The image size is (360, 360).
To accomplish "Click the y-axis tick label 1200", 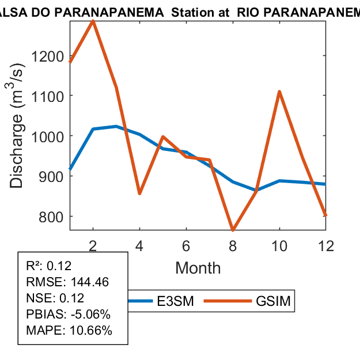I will coord(50,56).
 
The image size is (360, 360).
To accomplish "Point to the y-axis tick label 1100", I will coord(50,96).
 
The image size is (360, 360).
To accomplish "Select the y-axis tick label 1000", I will coord(50,137).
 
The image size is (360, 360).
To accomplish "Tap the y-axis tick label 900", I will coord(53,176).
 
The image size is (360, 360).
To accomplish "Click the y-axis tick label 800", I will coord(53,217).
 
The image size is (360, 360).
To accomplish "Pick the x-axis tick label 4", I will coord(139,245).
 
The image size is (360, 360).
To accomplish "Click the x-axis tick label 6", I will coord(186,245).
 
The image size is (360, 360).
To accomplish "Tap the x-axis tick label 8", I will coord(233,245).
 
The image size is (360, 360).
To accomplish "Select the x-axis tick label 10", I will coord(279,245).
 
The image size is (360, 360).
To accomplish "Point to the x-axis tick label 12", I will coord(326,245).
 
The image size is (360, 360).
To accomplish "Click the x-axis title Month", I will coord(198,267).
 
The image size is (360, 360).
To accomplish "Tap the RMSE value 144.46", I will coord(90,282).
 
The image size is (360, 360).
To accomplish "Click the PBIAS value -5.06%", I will coord(86,314).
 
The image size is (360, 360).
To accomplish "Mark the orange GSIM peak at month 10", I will coord(279,92).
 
